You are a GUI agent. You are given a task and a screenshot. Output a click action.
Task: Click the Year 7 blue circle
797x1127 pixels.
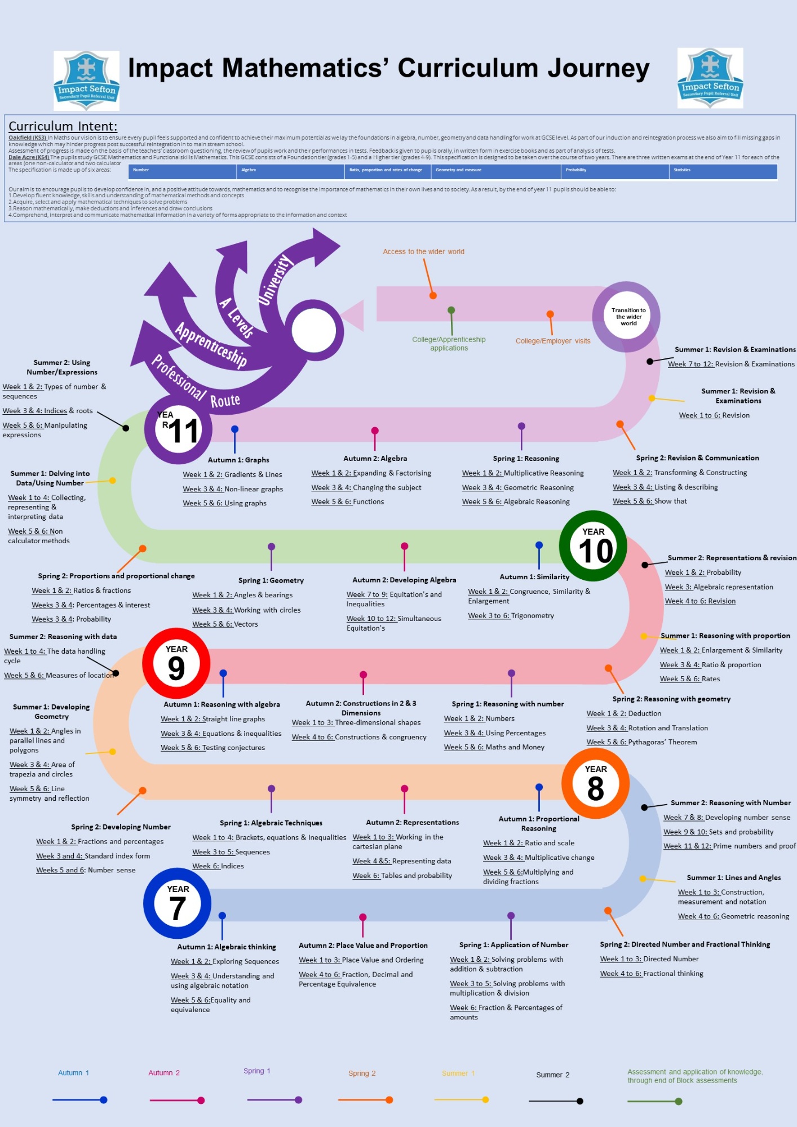pyautogui.click(x=177, y=903)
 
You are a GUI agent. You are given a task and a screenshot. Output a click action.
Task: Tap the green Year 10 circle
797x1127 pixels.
pyautogui.click(x=593, y=545)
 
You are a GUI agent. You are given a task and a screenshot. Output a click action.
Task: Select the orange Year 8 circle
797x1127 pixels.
pyautogui.click(x=595, y=783)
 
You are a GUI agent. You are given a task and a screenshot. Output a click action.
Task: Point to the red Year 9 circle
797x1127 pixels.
pyautogui.click(x=176, y=663)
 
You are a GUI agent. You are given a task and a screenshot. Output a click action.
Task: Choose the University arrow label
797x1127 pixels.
pyautogui.click(x=275, y=279)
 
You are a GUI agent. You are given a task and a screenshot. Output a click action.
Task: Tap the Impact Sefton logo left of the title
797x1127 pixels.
pyautogui.click(x=86, y=80)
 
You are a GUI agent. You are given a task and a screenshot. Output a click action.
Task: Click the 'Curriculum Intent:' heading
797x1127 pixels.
pyautogui.click(x=63, y=126)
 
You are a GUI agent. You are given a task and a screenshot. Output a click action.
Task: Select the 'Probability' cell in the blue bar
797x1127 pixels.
pyautogui.click(x=576, y=170)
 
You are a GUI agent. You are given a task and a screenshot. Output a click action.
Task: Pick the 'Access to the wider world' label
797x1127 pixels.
pyautogui.click(x=423, y=252)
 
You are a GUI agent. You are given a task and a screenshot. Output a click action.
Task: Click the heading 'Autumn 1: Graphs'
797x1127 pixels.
pyautogui.click(x=238, y=460)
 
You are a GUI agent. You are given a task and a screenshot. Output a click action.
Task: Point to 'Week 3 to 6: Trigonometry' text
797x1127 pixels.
pyautogui.click(x=511, y=616)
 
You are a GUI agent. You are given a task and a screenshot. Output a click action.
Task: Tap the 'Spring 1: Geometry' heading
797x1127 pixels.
pyautogui.click(x=271, y=580)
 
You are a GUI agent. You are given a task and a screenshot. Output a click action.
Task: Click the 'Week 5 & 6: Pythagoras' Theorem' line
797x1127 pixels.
pyautogui.click(x=641, y=742)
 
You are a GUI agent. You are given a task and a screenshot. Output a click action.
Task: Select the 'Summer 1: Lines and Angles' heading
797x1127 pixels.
pyautogui.click(x=733, y=877)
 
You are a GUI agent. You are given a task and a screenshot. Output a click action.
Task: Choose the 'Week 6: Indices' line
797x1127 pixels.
pyautogui.click(x=218, y=866)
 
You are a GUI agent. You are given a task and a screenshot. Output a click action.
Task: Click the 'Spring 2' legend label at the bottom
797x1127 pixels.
pyautogui.click(x=361, y=1073)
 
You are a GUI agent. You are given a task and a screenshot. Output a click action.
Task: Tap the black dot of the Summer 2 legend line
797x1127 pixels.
pyautogui.click(x=579, y=1101)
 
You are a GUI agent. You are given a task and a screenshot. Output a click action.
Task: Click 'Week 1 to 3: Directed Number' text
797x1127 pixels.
pyautogui.click(x=649, y=959)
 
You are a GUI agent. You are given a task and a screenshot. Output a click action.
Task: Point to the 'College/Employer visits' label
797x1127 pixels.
pyautogui.click(x=552, y=341)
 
